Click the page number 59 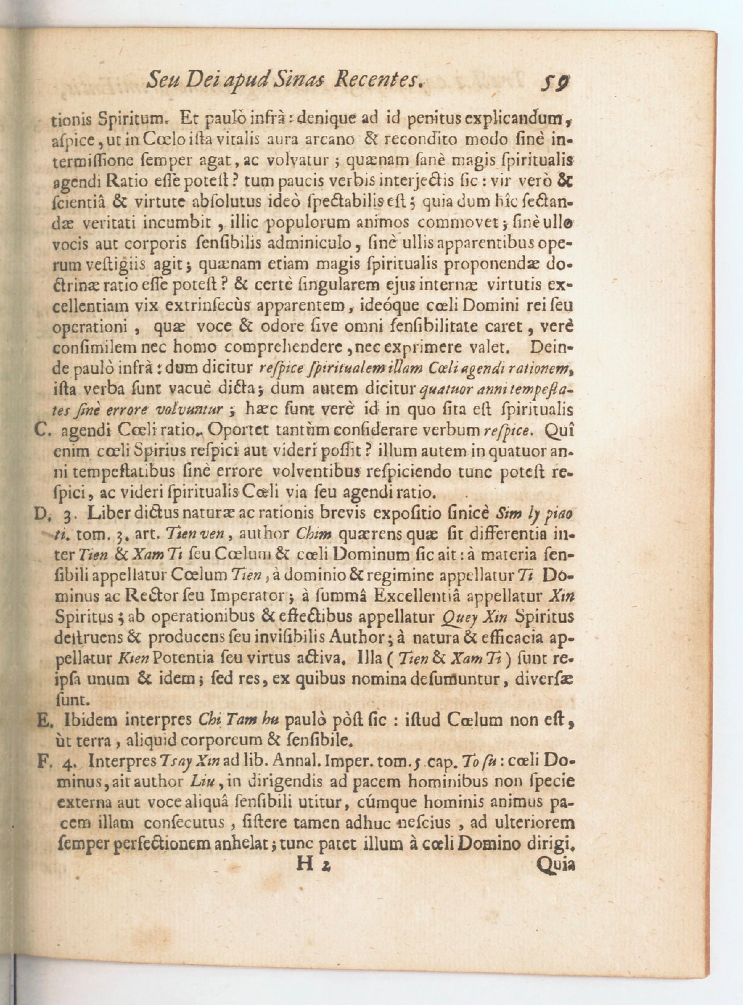[555, 82]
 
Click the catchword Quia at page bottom [556, 864]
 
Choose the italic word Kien [133, 659]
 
